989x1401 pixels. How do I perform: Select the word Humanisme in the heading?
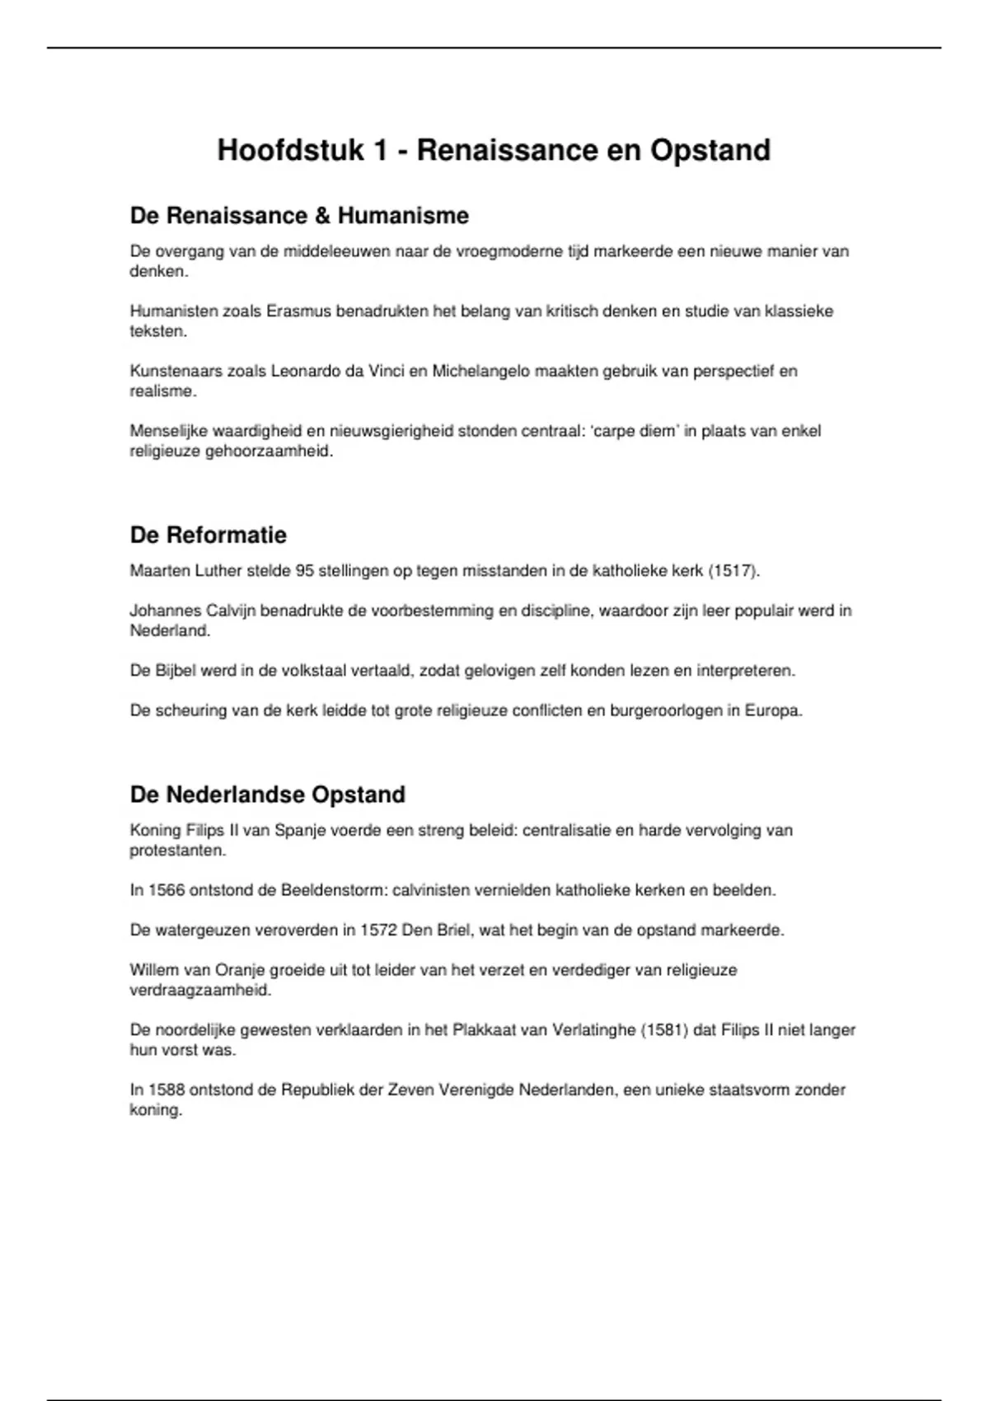coord(403,216)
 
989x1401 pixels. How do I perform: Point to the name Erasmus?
coord(299,312)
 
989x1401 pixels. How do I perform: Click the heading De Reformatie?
coord(209,535)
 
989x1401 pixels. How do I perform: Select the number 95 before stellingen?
coord(304,571)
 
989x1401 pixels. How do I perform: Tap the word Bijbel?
coord(175,671)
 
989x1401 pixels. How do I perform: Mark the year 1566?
coord(167,890)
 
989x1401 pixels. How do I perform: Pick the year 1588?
coord(167,1090)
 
